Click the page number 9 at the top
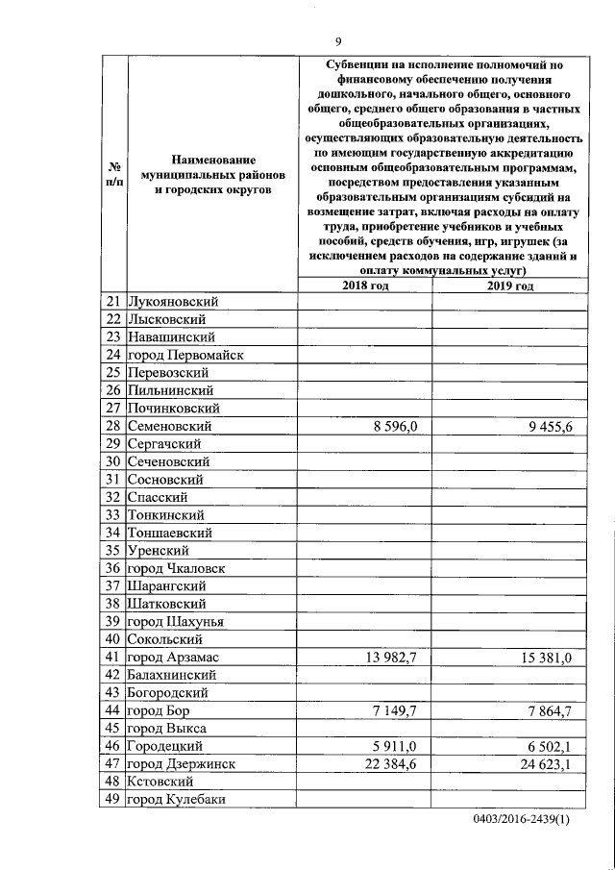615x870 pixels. [338, 40]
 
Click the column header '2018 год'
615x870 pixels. [365, 286]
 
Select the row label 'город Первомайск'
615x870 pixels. [185, 355]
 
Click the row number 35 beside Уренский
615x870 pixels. [111, 550]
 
